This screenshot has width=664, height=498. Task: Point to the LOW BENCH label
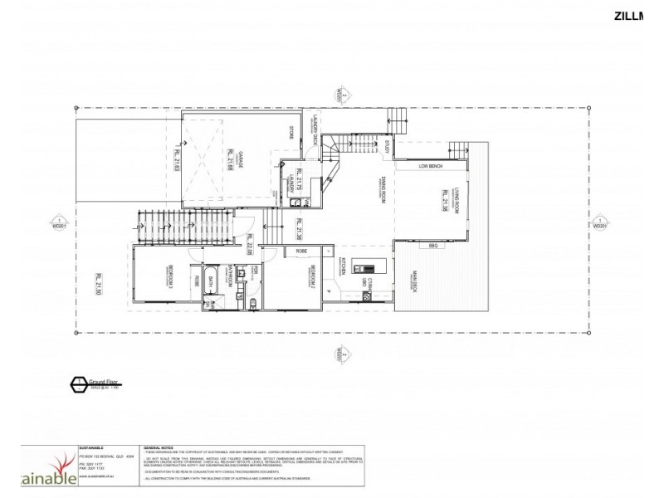435,166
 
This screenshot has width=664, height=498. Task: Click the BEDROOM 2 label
311,276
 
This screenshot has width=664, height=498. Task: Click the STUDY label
387,149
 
